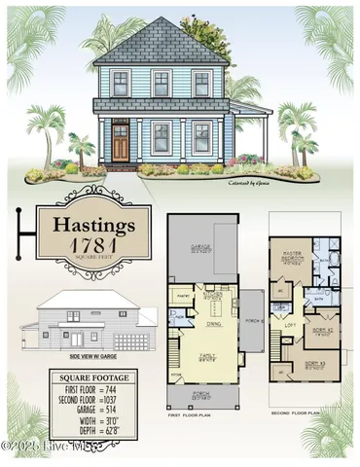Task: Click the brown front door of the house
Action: click(x=120, y=141)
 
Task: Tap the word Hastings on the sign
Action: click(x=86, y=225)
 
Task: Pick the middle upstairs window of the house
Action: click(x=161, y=84)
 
